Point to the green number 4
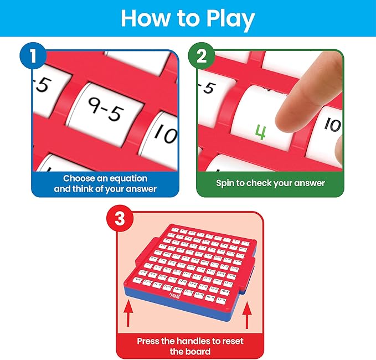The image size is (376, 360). coord(260,131)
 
